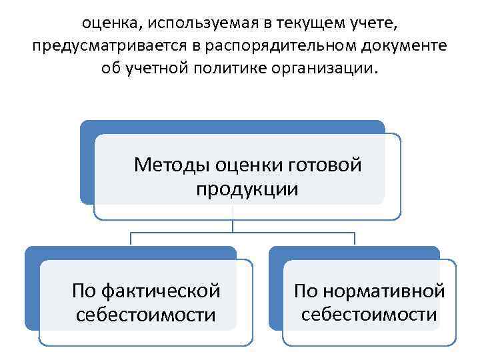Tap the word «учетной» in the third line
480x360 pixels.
pos(159,68)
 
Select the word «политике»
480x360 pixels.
pos(231,68)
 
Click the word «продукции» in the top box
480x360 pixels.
pos(247,189)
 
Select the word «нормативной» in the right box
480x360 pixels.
pos(386,291)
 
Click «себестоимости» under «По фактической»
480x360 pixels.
pos(145,315)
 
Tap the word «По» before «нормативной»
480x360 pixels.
pos(307,291)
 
